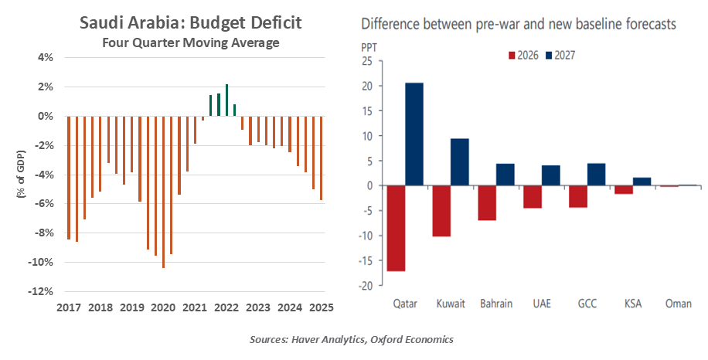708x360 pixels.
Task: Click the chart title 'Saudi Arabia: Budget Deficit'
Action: [x=191, y=23]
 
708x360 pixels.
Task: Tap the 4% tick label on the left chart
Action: [x=45, y=57]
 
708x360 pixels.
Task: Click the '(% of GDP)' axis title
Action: [x=21, y=175]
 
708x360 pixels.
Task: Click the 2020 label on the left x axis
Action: [x=163, y=307]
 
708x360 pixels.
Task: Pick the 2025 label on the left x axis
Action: [x=321, y=307]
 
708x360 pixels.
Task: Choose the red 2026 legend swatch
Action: [x=511, y=55]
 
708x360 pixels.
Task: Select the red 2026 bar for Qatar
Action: [x=396, y=228]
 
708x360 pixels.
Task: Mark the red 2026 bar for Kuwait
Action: [x=441, y=210]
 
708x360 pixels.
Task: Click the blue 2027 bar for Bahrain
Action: [x=505, y=175]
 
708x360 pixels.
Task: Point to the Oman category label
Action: [x=678, y=304]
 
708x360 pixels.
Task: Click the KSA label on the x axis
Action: [x=633, y=304]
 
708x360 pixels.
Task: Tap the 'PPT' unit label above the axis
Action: [x=371, y=46]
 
